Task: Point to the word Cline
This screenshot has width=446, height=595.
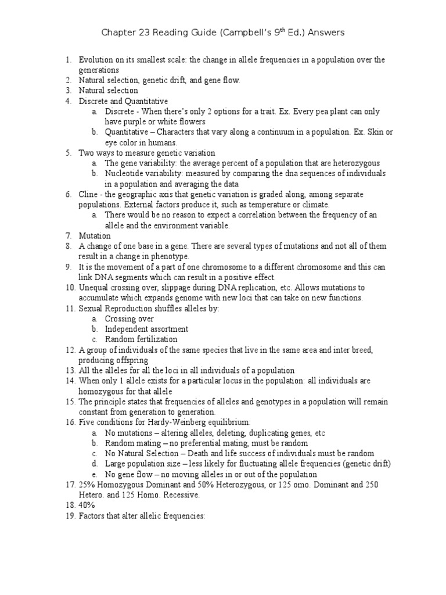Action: pos(88,195)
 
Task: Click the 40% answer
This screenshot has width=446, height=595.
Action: pos(87,505)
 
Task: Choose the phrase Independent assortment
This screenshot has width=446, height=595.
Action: pos(146,329)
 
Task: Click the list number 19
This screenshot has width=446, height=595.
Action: pos(70,515)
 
